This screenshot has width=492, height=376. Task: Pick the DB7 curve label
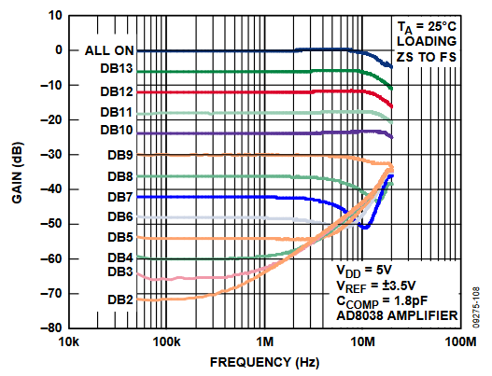(x=119, y=197)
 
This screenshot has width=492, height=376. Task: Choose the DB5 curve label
(x=119, y=237)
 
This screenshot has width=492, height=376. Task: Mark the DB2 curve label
(x=119, y=300)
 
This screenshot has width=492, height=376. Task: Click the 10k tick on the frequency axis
(x=68, y=342)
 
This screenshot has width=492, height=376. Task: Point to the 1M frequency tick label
(x=266, y=342)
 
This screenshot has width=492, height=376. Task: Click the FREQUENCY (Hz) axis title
(x=263, y=362)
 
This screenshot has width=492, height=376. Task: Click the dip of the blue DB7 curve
(x=365, y=227)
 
